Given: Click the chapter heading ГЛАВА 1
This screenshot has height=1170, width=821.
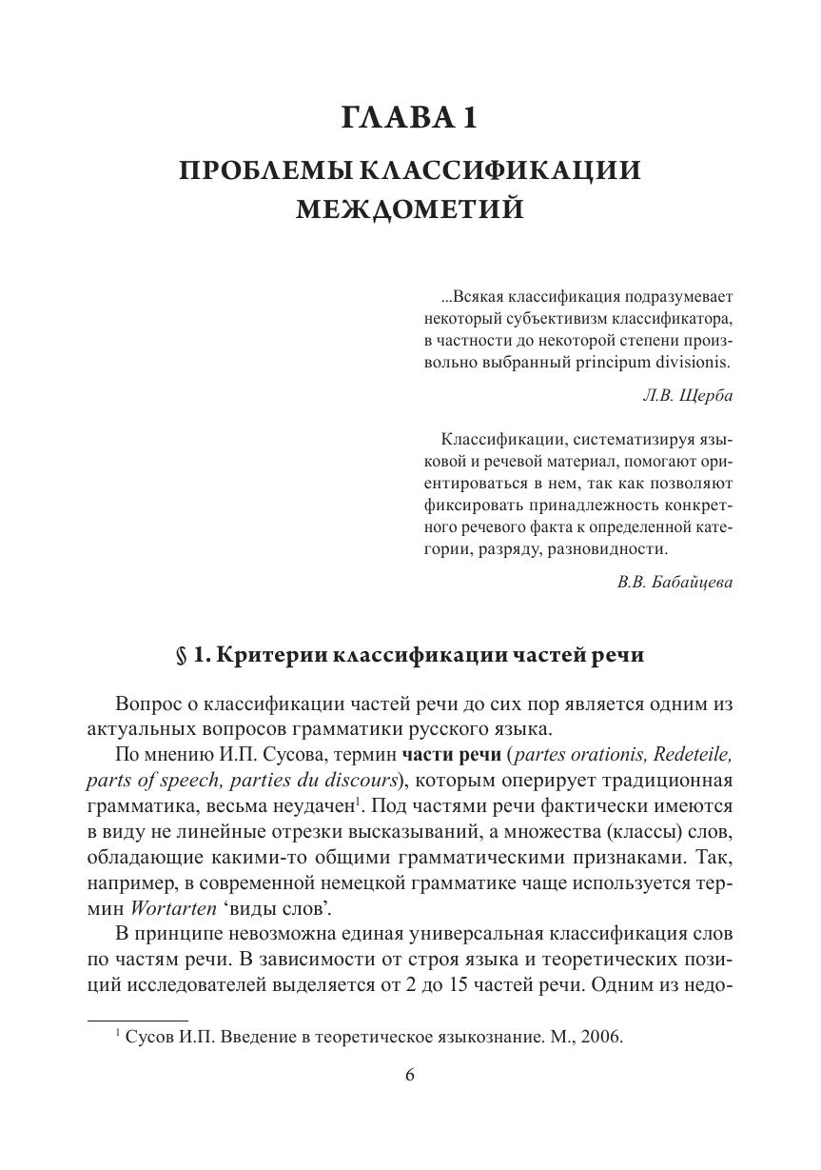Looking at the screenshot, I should click(x=409, y=118).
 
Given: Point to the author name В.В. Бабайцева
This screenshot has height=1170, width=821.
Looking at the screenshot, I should click(x=674, y=583).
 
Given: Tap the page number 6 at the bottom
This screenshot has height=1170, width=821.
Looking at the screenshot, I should click(x=410, y=1075).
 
